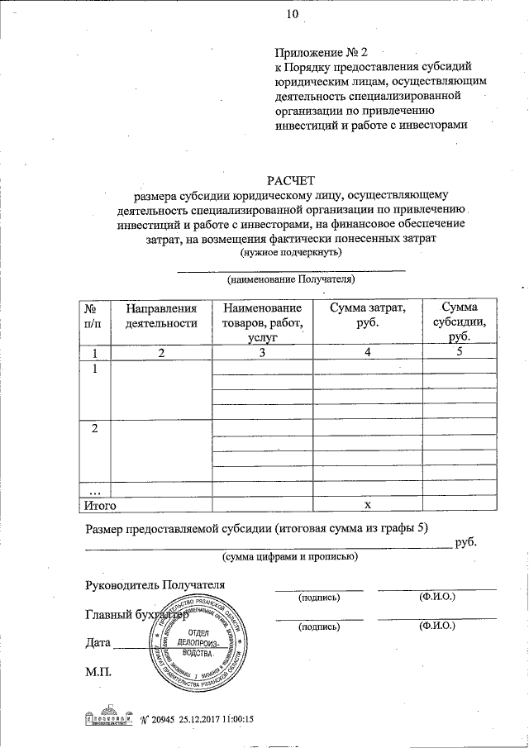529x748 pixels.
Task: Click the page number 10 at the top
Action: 292,14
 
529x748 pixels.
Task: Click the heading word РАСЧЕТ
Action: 291,180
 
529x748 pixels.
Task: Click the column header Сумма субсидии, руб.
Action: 460,322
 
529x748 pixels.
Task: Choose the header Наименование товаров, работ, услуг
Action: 261,322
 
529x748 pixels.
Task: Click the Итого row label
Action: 102,503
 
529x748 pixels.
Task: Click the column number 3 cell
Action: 261,353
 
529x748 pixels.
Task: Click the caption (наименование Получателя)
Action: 291,279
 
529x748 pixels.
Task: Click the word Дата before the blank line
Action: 98,642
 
